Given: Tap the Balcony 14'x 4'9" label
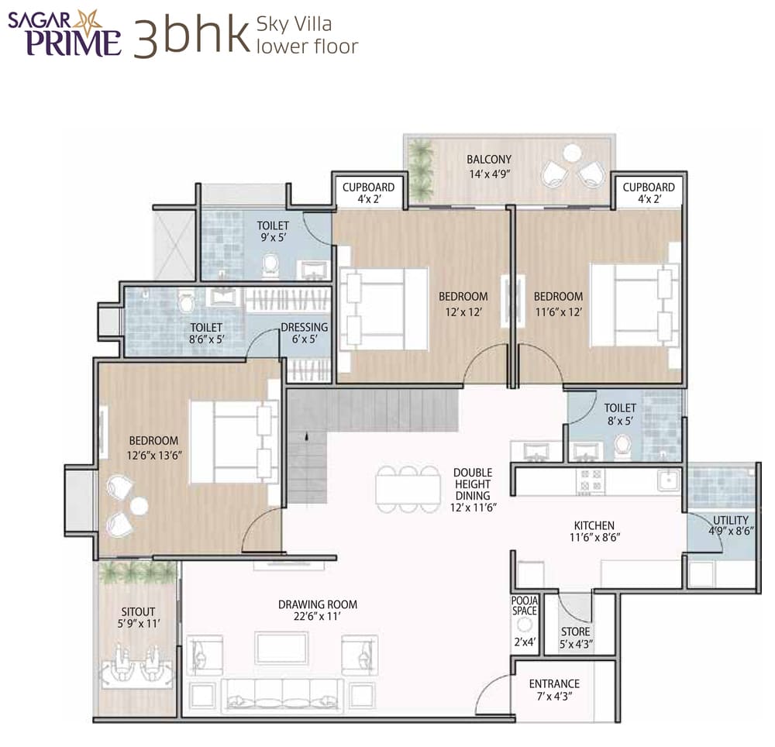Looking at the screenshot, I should (x=488, y=167).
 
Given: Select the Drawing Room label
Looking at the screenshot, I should (x=318, y=611).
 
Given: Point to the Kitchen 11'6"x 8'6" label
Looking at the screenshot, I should (x=594, y=532).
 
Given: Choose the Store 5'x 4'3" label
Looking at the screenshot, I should (x=575, y=638).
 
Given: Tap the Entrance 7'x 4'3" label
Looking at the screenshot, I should (x=554, y=690).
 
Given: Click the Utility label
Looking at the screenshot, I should (x=731, y=525).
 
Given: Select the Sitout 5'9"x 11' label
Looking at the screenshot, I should (x=138, y=617).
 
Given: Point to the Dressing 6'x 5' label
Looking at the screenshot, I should (x=305, y=333).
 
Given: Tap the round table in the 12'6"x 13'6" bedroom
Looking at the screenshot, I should (x=139, y=506).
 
